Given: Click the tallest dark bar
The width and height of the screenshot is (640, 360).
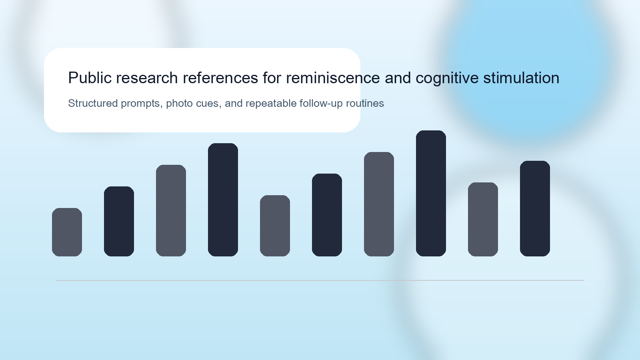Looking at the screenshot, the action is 431,193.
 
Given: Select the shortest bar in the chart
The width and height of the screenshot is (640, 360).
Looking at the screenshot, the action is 67,232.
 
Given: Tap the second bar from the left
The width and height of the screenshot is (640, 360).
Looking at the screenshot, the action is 119,221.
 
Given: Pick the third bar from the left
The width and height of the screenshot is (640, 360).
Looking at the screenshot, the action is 171,210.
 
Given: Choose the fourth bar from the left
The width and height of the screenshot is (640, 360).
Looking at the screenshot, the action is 223,200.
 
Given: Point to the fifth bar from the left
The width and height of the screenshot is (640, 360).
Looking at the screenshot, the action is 275,226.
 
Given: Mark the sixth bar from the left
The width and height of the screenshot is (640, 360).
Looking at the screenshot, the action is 327,215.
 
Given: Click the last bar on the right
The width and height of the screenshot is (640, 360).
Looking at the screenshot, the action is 535,208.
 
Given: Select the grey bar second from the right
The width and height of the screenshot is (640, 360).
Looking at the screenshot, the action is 483,219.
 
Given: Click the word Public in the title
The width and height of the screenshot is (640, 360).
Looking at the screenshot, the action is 90,78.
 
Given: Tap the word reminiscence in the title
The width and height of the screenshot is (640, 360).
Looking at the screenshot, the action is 333,78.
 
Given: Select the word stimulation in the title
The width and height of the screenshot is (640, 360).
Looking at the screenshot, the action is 521,78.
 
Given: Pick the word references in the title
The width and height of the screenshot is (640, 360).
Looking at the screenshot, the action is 220,78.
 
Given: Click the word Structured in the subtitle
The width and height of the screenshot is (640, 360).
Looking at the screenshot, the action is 93,103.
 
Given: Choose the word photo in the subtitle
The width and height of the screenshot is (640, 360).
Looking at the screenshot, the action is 179,104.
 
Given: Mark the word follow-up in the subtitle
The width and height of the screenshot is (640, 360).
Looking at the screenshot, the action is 321,104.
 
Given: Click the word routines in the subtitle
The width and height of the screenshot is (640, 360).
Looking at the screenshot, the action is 365,103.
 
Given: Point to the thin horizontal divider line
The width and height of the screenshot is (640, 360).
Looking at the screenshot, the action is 320,280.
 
